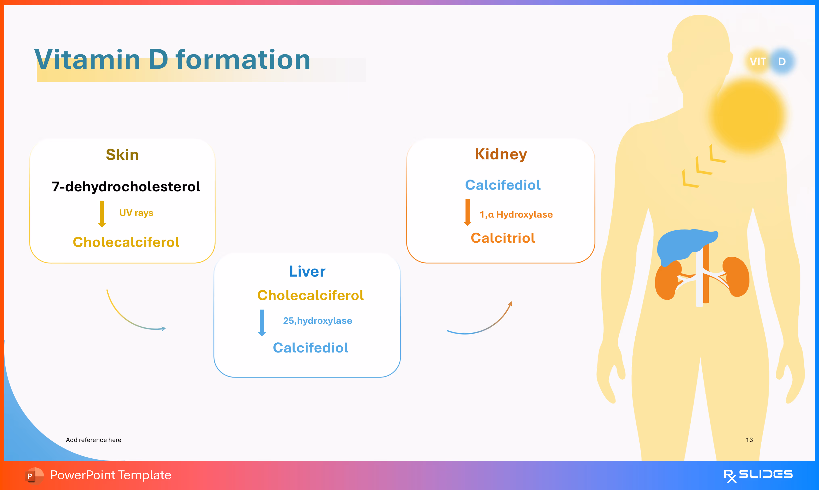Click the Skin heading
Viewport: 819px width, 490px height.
[122, 154]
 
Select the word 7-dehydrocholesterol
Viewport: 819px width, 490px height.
[126, 187]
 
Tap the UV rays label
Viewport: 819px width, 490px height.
[136, 213]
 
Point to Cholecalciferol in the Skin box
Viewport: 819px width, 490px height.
[126, 242]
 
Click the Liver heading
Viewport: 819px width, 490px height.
[307, 271]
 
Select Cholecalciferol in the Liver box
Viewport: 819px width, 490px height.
[310, 295]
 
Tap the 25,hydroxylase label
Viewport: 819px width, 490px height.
[317, 321]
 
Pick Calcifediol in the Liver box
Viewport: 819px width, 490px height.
[310, 348]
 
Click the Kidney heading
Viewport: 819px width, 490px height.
[501, 154]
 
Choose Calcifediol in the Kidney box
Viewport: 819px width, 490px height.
[503, 185]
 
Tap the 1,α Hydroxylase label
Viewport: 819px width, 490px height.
[516, 215]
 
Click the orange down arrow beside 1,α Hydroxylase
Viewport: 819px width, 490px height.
[468, 212]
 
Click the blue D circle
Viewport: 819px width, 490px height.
[782, 62]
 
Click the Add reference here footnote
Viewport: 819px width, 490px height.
[93, 440]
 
